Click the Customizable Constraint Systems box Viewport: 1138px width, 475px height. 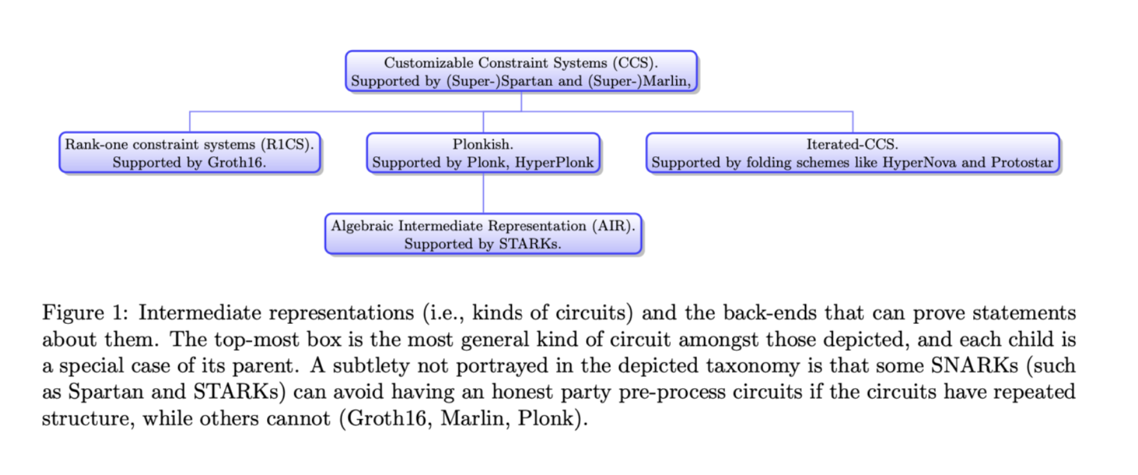(x=521, y=71)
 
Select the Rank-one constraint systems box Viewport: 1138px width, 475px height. (x=190, y=153)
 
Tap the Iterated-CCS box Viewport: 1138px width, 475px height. (x=852, y=153)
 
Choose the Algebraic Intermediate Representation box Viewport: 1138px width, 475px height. (x=483, y=234)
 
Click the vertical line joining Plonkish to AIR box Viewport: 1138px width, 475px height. (x=483, y=193)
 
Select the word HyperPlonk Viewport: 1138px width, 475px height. (x=555, y=162)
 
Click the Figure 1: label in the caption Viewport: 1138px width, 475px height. (x=85, y=313)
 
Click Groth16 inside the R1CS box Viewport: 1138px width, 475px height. (x=236, y=162)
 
